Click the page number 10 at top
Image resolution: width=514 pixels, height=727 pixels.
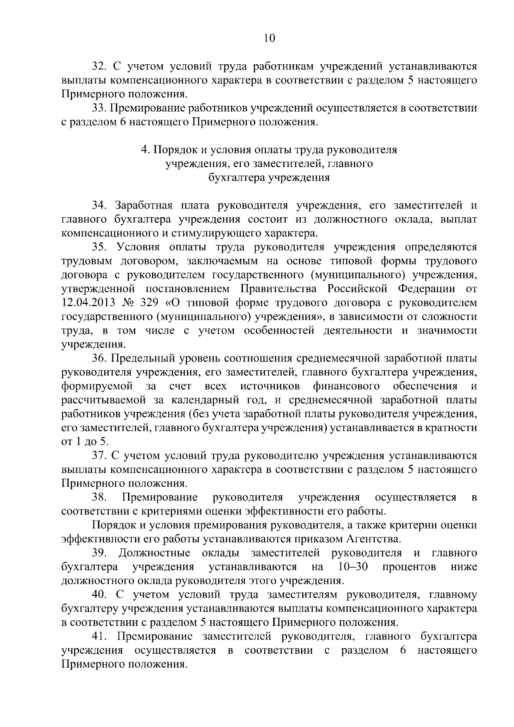(x=269, y=39)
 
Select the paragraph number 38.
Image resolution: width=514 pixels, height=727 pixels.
(x=99, y=498)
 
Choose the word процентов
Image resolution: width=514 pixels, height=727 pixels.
(x=409, y=567)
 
